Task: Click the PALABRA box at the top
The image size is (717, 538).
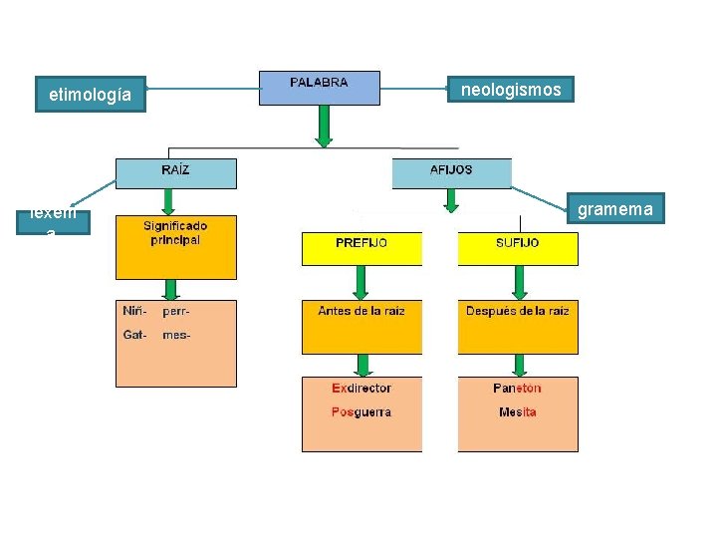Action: pos(319,87)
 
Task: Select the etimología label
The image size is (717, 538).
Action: pos(91,95)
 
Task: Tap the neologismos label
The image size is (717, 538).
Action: pos(511,90)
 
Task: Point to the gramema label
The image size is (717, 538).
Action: pos(615,208)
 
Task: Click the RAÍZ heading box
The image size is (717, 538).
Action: pos(176,172)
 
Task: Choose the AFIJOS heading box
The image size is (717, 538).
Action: pos(451,172)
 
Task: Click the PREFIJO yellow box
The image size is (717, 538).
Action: pos(361,244)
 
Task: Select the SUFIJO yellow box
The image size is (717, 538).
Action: pos(517,244)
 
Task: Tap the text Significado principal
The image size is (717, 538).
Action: pos(175,233)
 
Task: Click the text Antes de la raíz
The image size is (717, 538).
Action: pos(361,311)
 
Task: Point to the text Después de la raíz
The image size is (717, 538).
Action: pos(517,311)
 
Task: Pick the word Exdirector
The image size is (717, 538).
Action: pos(361,388)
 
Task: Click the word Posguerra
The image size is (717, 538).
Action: pos(361,411)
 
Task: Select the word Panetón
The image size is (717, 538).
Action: pos(517,388)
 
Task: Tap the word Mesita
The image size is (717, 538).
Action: pos(517,411)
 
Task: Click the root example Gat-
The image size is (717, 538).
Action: pos(135,335)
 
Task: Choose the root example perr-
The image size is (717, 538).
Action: pos(176,311)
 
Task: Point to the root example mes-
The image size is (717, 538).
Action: pos(176,335)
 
